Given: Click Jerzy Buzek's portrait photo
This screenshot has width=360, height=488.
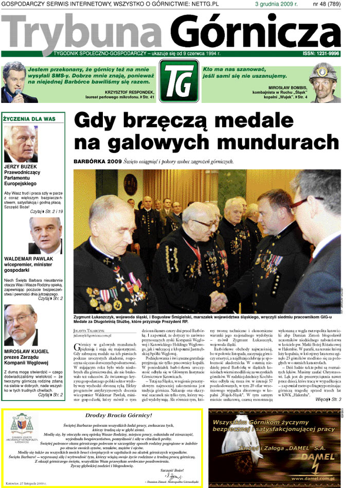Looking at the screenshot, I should pos(21,144).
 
